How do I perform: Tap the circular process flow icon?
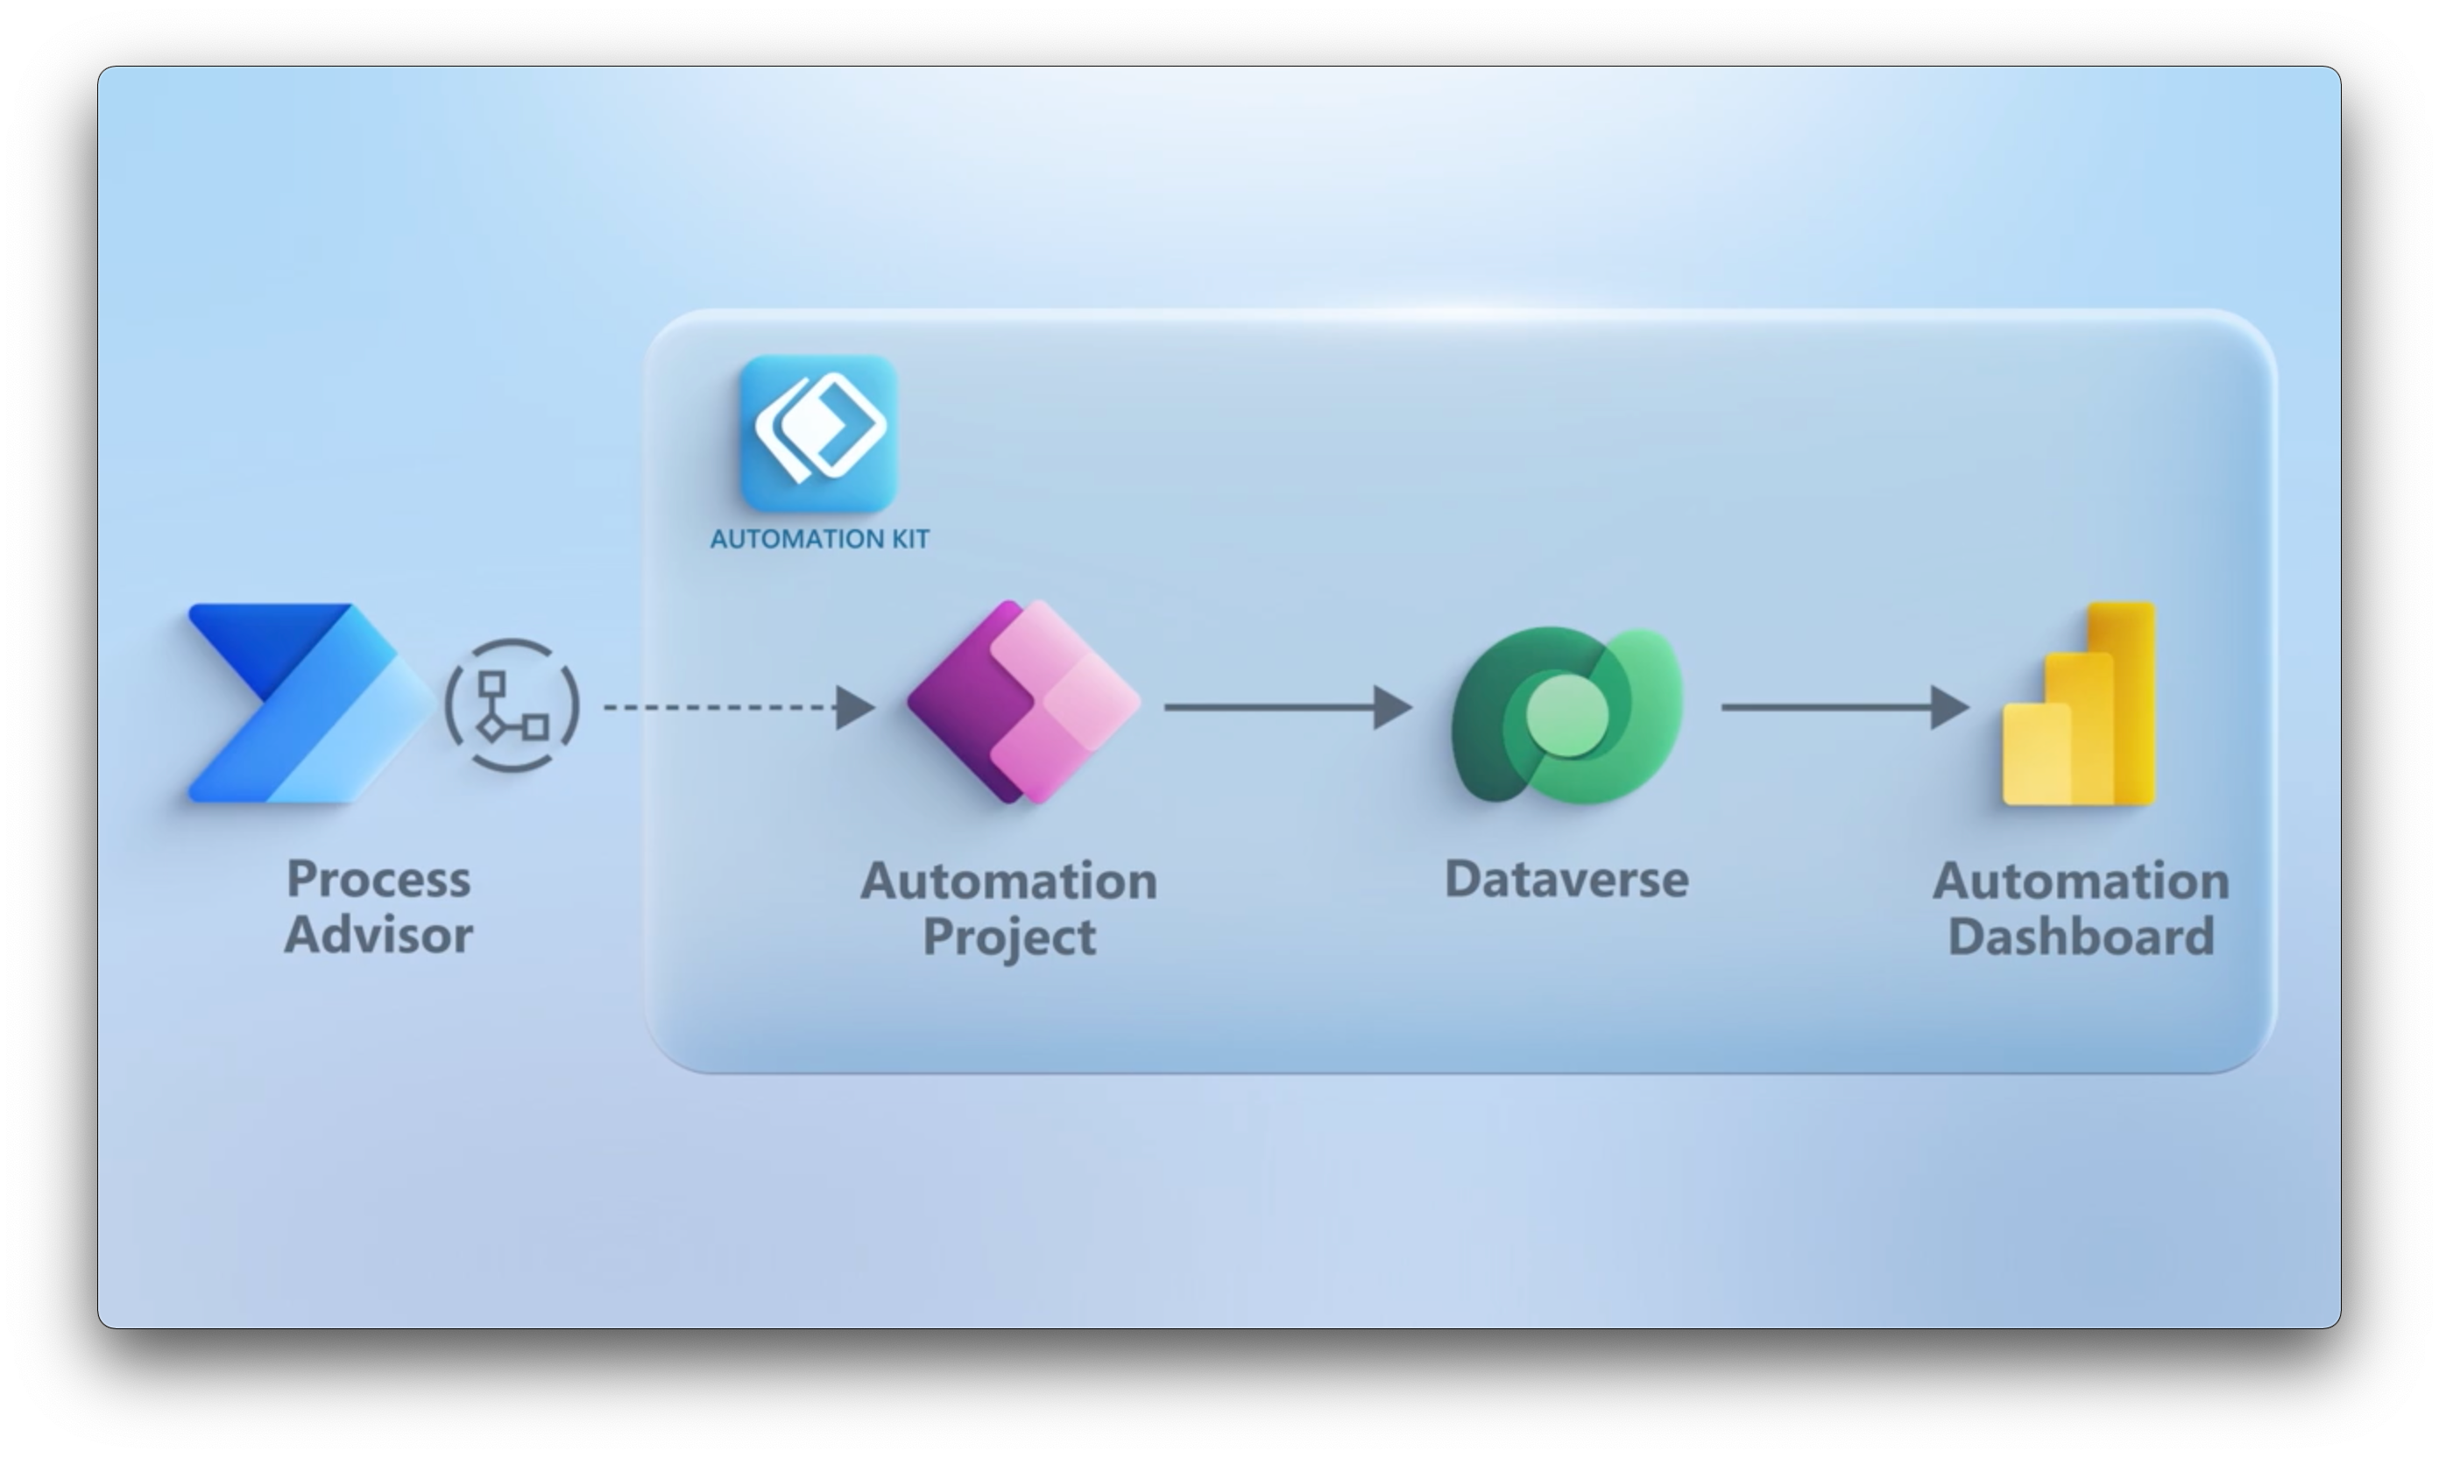click(x=513, y=705)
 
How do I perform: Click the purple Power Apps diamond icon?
click(x=1023, y=702)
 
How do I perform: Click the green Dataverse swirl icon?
click(x=1566, y=715)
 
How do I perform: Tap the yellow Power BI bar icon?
click(x=2080, y=705)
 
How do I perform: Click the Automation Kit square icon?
click(x=818, y=432)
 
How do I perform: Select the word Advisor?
click(x=378, y=934)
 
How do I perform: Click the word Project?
click(x=1008, y=937)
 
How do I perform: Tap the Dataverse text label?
click(x=1566, y=880)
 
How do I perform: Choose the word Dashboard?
click(x=2081, y=937)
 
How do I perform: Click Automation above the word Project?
click(x=1008, y=881)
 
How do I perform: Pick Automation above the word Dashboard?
click(x=2081, y=881)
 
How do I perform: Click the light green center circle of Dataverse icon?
click(x=1567, y=715)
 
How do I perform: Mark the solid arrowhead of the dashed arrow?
click(x=854, y=707)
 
